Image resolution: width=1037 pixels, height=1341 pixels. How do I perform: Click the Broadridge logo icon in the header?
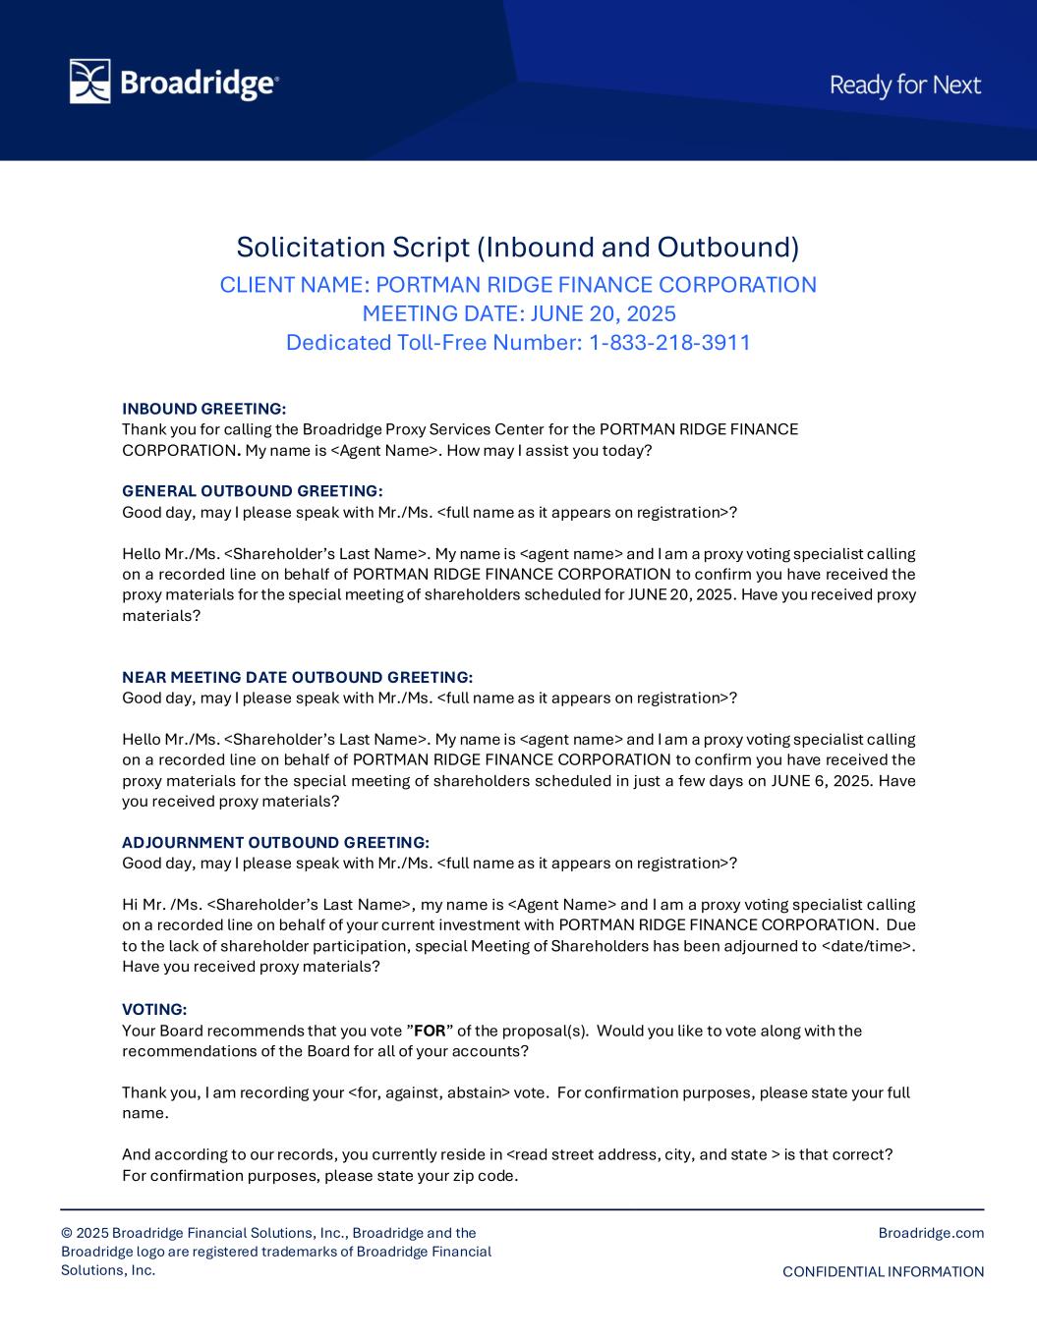point(89,82)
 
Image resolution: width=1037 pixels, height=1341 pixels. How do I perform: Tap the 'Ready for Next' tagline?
point(905,85)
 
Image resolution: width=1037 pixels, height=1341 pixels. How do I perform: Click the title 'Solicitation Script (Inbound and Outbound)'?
point(518,246)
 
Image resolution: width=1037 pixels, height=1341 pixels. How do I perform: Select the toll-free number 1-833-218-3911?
point(669,343)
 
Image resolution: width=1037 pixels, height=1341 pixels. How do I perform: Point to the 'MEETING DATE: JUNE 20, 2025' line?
point(519,314)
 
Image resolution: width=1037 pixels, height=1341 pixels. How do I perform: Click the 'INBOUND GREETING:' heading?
point(204,409)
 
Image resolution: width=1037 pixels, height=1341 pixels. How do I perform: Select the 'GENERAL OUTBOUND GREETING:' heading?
point(253,491)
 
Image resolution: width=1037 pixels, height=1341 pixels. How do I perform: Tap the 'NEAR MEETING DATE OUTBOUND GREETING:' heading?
point(297,677)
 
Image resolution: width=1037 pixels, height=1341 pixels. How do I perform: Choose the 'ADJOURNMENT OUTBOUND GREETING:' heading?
point(275,842)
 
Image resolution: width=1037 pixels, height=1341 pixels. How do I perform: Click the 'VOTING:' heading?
point(154,1009)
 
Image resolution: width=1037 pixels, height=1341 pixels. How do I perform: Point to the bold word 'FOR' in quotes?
point(430,1031)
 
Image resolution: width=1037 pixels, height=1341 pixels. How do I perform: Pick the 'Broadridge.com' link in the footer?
point(931,1233)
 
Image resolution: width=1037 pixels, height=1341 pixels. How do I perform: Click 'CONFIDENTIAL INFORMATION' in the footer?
point(883,1272)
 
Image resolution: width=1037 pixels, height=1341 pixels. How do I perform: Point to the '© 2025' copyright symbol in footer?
point(67,1233)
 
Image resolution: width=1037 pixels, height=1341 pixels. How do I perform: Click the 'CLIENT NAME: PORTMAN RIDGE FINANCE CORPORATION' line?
point(518,285)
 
